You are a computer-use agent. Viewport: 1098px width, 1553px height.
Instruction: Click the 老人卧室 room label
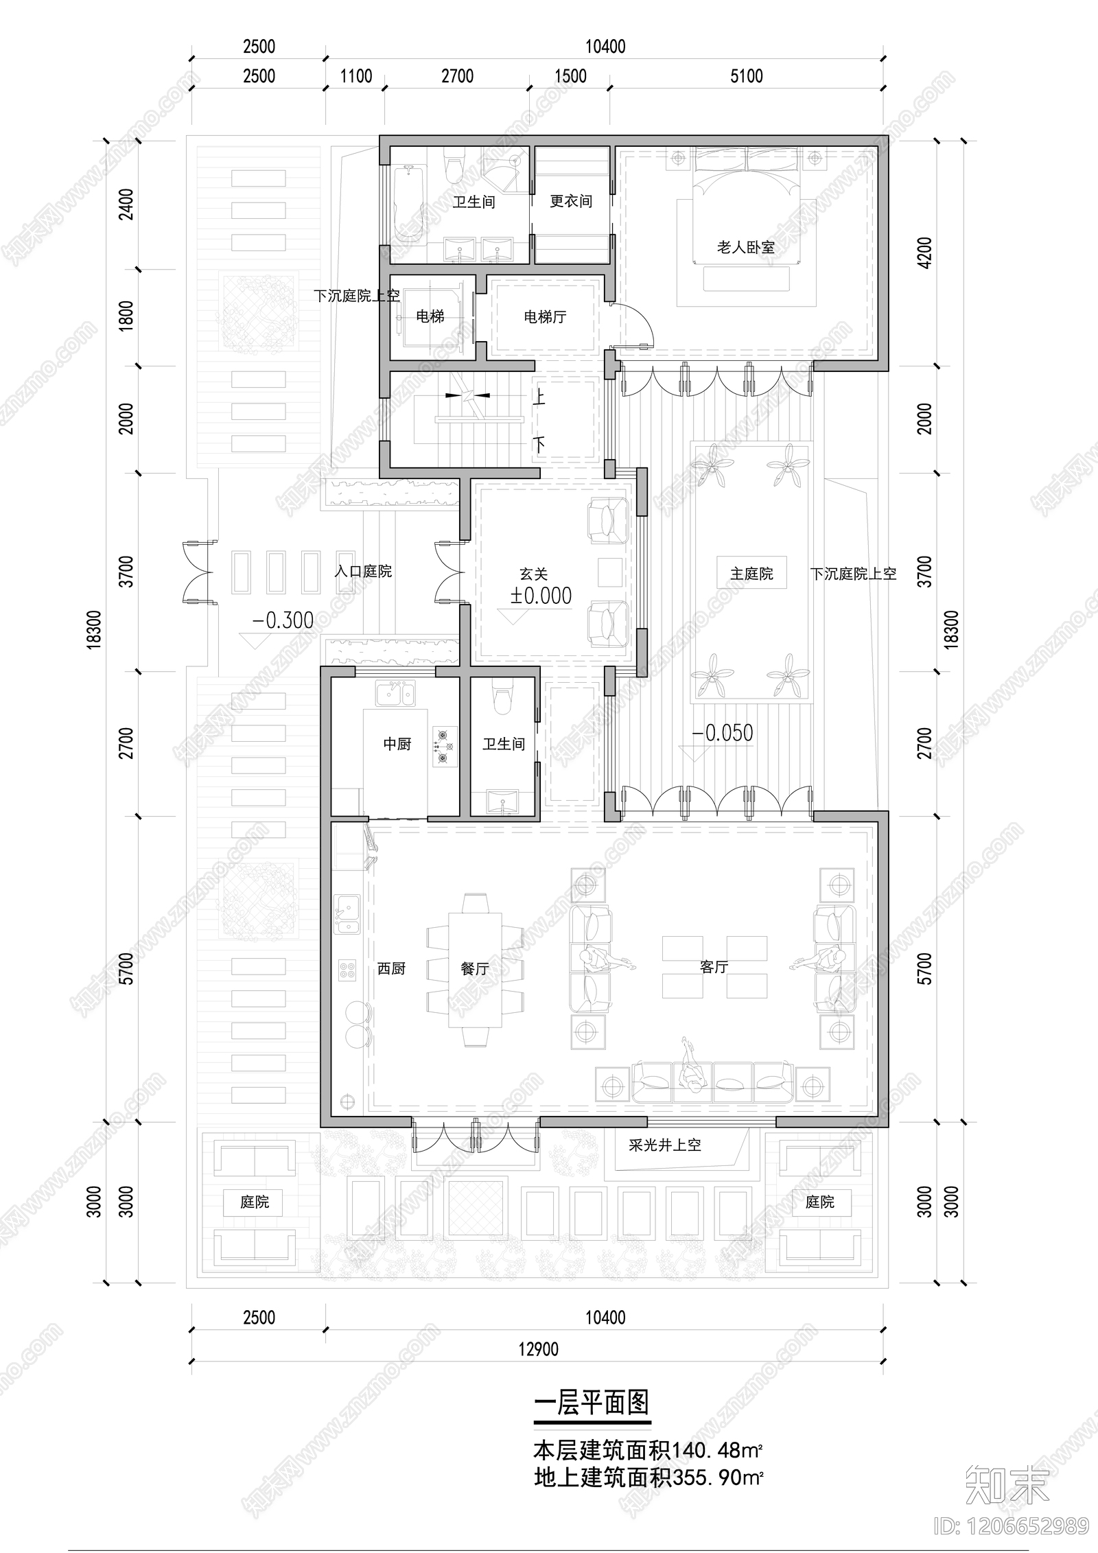click(745, 247)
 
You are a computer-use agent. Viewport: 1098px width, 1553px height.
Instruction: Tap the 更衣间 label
click(570, 201)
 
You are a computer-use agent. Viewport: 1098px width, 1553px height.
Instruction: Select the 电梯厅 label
click(544, 317)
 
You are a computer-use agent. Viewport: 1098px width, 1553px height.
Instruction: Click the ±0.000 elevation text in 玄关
click(541, 596)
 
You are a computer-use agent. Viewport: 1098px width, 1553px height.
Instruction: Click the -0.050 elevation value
click(722, 733)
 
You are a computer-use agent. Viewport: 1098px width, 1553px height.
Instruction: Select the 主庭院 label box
click(751, 574)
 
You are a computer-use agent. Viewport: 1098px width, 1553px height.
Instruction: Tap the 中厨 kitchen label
click(397, 744)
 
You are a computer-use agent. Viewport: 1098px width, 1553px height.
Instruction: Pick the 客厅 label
click(714, 967)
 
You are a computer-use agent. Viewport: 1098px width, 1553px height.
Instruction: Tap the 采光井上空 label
click(664, 1145)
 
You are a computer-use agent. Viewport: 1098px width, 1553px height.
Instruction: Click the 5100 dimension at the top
click(746, 76)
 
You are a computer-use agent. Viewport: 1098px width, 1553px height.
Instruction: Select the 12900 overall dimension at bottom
click(538, 1349)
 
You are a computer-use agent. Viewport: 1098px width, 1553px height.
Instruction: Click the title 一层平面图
click(591, 1403)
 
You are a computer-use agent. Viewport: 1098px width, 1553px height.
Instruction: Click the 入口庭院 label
click(363, 571)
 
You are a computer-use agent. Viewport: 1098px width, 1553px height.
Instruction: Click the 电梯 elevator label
click(430, 316)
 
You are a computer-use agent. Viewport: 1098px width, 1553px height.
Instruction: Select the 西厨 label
click(391, 968)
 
